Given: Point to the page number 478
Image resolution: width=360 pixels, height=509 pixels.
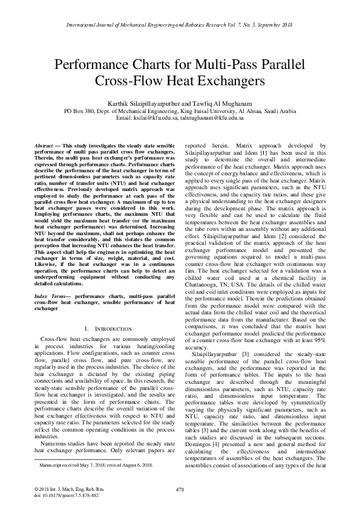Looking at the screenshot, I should tap(179, 488).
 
